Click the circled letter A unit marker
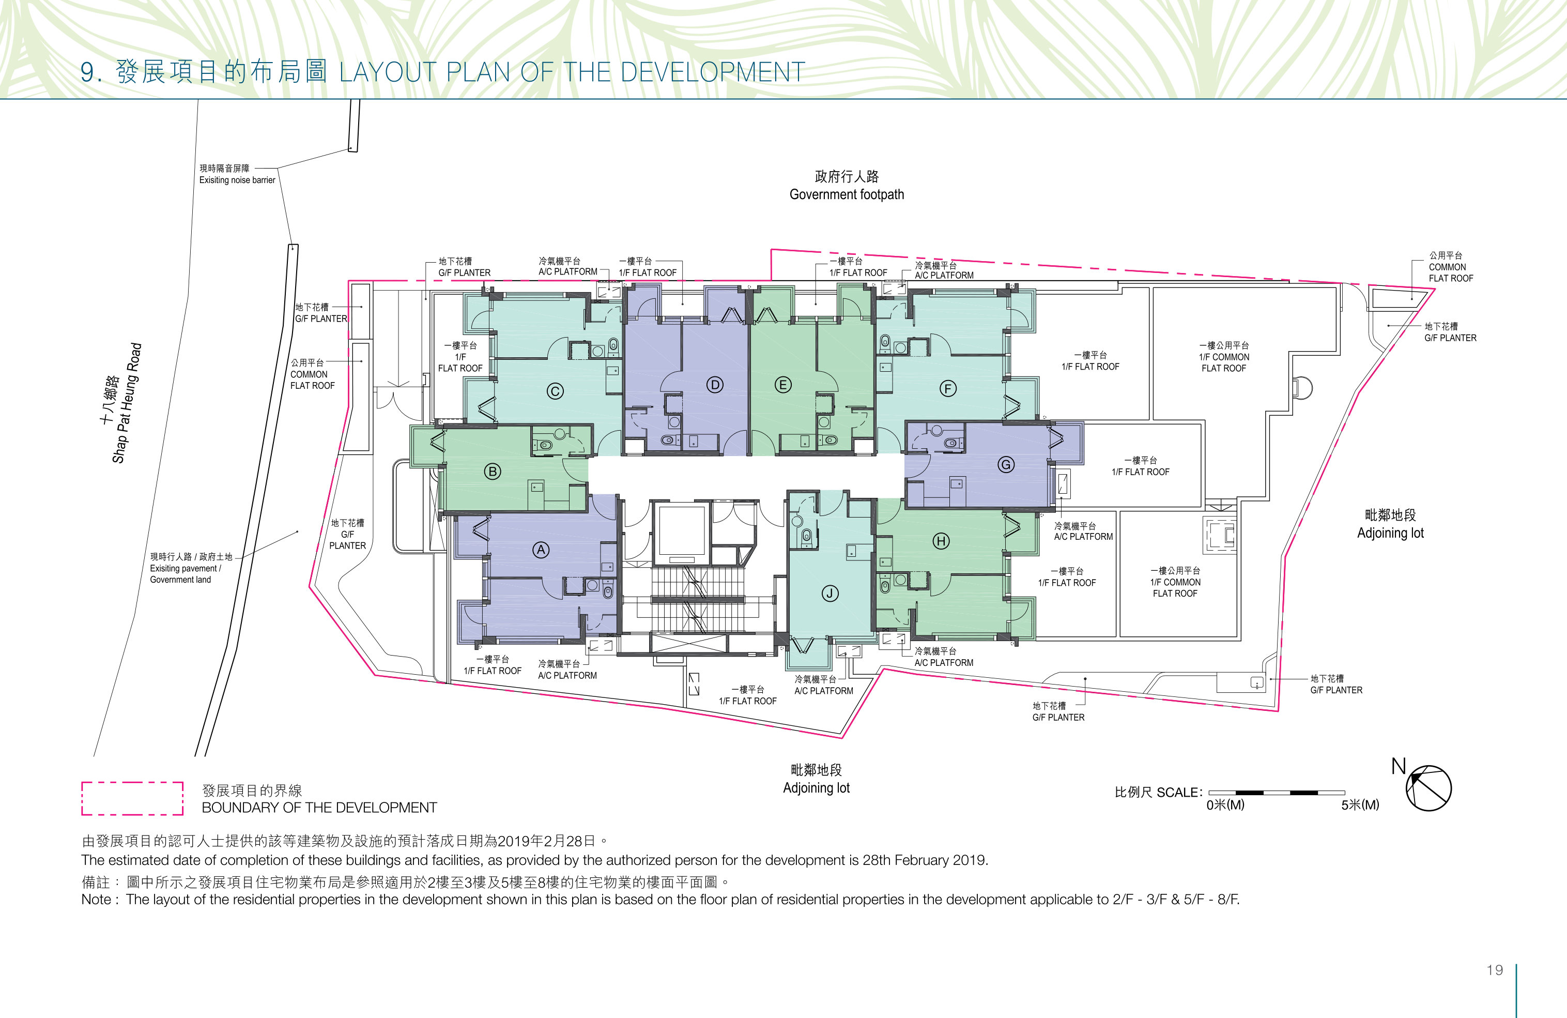click(x=541, y=550)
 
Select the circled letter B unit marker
click(x=493, y=472)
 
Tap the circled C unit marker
click(x=555, y=391)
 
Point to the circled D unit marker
click(x=715, y=385)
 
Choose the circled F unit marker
click(x=947, y=388)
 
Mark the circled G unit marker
click(x=1005, y=465)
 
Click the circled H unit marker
click(x=941, y=541)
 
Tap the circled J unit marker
click(x=829, y=594)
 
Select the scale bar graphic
click(x=1277, y=792)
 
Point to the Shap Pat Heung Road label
click(x=120, y=403)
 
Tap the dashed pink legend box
click(x=132, y=799)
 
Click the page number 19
click(x=1495, y=970)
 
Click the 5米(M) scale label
click(x=1360, y=804)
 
